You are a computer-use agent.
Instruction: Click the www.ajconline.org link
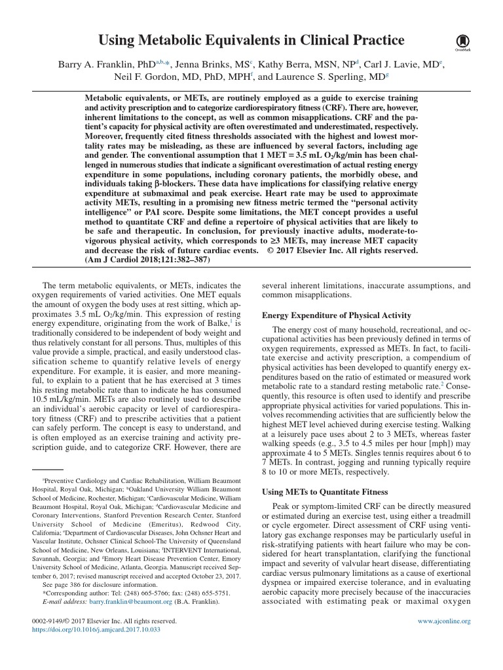(x=444, y=620)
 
